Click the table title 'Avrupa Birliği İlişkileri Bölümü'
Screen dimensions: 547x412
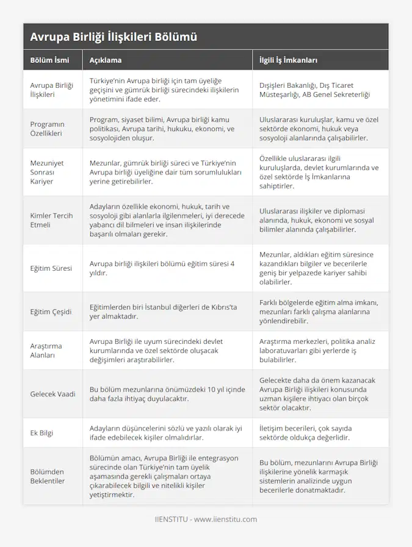click(x=114, y=37)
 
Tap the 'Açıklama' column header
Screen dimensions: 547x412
click(x=106, y=60)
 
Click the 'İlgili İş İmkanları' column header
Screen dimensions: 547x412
click(x=288, y=60)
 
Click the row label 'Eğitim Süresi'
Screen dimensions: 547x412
click(x=51, y=268)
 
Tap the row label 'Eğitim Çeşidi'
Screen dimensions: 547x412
click(x=51, y=312)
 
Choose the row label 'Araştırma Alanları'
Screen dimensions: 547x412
click(x=46, y=350)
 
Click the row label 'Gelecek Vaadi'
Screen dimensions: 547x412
click(x=53, y=394)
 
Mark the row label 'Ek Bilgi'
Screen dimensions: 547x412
click(x=42, y=433)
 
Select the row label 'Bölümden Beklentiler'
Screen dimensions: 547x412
click(x=48, y=476)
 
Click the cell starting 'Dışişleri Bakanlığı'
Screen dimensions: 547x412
click(x=314, y=90)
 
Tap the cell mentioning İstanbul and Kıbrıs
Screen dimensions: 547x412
click(x=163, y=312)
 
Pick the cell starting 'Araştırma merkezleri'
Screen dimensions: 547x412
click(x=317, y=350)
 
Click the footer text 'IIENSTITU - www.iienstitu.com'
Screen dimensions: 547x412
click(x=206, y=520)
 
